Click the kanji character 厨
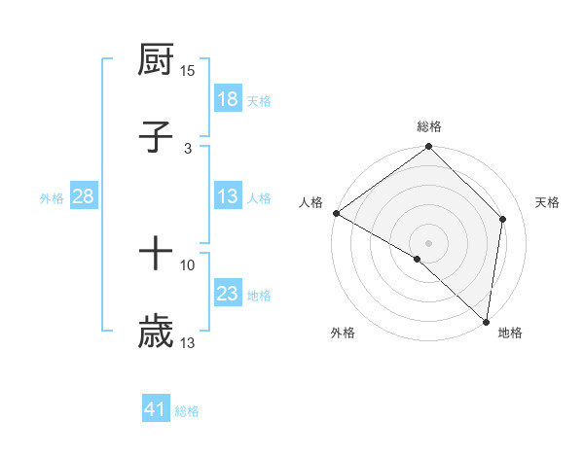[156, 62]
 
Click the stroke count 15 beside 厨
[188, 71]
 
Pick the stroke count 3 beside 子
[188, 148]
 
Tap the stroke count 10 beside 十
[188, 264]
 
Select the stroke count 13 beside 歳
[188, 342]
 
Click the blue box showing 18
[228, 99]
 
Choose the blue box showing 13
[228, 196]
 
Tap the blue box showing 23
[228, 294]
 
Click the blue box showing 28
[84, 196]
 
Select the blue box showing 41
[156, 410]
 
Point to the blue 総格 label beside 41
[187, 411]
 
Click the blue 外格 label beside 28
[52, 197]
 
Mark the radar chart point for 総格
[428, 148]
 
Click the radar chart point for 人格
[336, 213]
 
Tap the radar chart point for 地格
[486, 321]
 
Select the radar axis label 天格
[548, 202]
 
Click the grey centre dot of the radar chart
[428, 242]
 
